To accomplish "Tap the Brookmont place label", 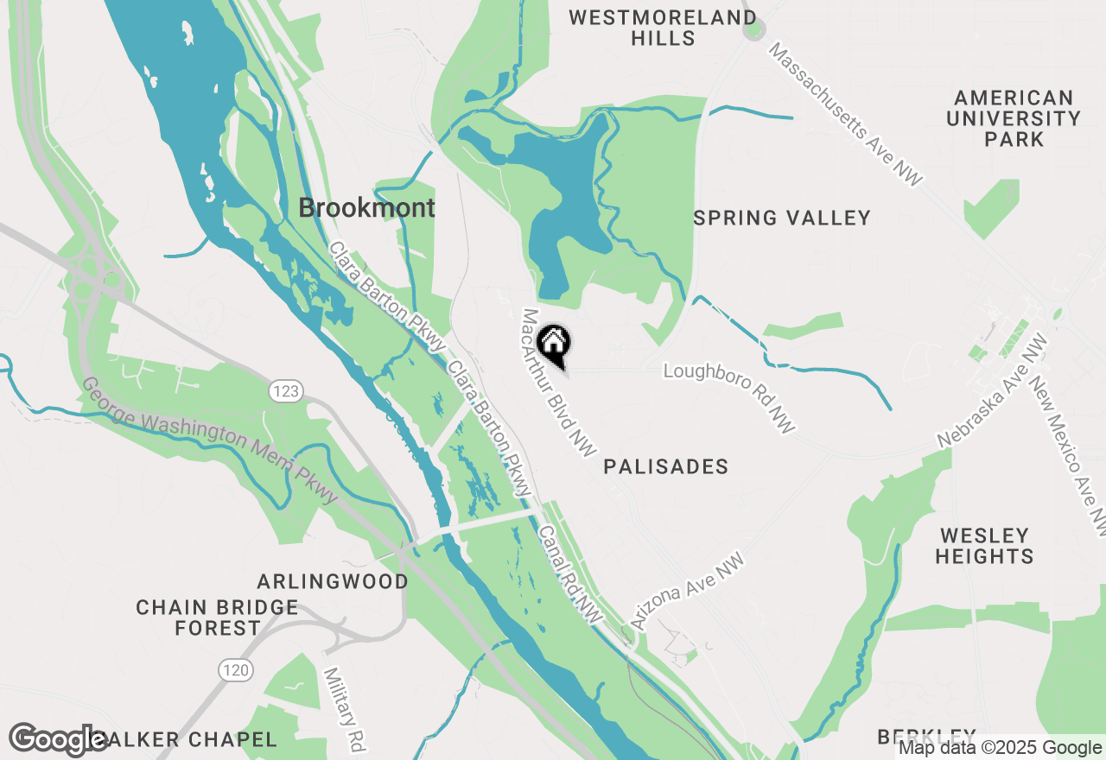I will click(366, 208).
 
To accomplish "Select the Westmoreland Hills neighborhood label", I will click(663, 28).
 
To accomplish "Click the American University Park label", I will click(1014, 118).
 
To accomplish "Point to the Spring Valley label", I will click(782, 218).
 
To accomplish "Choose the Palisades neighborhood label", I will click(665, 467).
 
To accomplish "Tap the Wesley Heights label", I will click(984, 546).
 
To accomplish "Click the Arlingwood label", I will click(333, 581).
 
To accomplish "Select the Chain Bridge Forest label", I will click(217, 617).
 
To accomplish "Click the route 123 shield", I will click(286, 392).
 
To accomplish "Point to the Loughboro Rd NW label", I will click(730, 398).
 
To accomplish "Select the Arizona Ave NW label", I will click(688, 592).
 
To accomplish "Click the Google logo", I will click(59, 739).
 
